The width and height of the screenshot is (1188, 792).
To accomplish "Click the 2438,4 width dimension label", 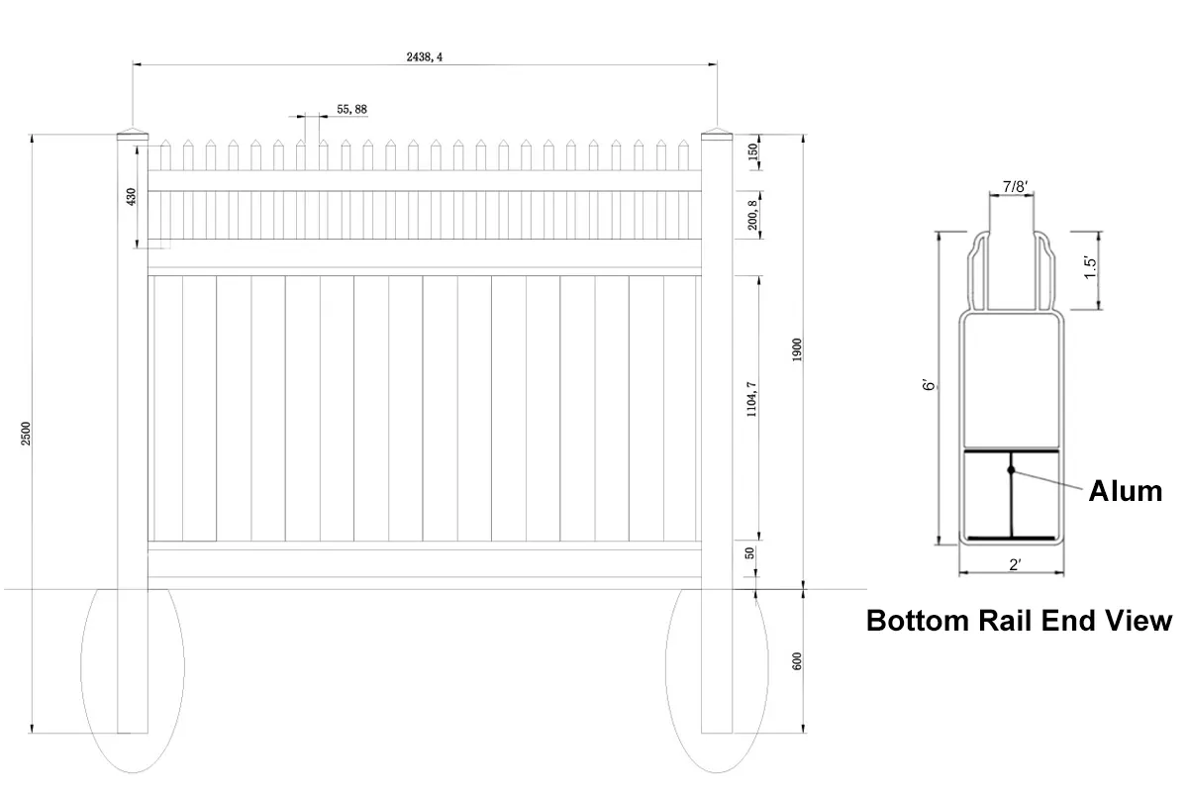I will click(425, 56).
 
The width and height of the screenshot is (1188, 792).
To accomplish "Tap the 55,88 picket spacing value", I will click(351, 109).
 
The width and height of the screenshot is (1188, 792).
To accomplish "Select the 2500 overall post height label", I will click(27, 434).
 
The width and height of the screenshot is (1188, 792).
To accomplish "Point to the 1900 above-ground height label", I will click(797, 350).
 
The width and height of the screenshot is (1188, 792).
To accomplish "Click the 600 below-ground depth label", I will click(797, 661).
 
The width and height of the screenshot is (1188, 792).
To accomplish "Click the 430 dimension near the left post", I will click(131, 196).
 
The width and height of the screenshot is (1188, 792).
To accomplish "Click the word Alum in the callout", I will click(1125, 490).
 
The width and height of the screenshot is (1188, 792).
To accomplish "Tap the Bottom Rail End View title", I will click(1019, 621).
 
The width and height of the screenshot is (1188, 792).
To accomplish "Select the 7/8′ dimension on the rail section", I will click(1015, 187).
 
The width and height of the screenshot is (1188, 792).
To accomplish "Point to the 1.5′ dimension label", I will click(1090, 268).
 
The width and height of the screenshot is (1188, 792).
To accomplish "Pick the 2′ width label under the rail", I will click(1015, 564).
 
